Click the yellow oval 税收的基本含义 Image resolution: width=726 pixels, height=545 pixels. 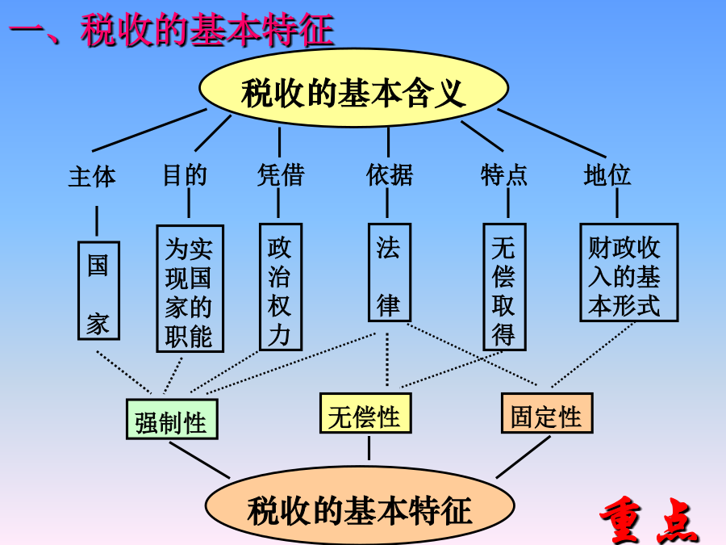pos(354,88)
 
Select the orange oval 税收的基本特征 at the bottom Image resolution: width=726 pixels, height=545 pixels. pos(360,505)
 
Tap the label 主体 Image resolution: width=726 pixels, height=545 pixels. pos(92,177)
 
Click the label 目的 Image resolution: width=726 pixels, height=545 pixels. pos(185,175)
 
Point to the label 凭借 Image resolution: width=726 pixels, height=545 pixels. pos(281,174)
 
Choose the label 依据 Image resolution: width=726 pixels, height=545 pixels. pos(389,174)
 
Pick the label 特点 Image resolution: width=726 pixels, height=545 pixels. pos(503,174)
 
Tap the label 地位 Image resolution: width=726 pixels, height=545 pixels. pos(607,174)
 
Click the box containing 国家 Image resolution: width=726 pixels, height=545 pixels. pos(98,291)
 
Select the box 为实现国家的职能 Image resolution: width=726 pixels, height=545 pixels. pos(190,288)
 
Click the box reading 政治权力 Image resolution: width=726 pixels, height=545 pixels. pos(281,287)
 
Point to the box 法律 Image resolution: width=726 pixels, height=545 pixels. pos(390,273)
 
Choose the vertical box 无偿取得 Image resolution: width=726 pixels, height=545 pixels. pos(504,287)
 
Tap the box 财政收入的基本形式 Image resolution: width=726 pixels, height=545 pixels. pos(628,273)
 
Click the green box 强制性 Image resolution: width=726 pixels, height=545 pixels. pos(172,419)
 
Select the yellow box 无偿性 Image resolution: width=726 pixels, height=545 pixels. pos(365,413)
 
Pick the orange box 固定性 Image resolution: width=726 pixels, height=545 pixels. pos(547,413)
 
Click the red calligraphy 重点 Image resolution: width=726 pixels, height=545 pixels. pos(649,520)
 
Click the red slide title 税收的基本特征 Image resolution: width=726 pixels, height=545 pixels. pos(207,30)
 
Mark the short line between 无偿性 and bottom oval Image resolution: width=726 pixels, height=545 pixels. pos(369,448)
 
